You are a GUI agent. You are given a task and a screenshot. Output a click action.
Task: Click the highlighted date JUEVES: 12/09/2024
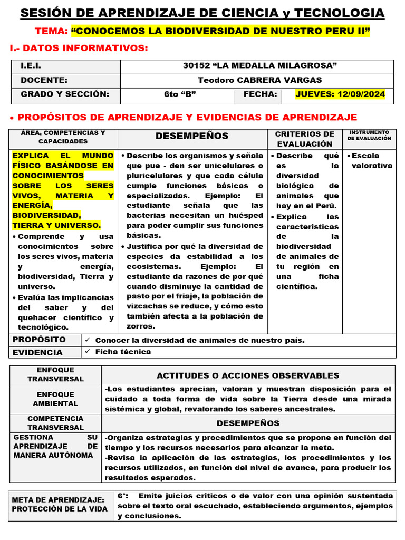tap(340, 94)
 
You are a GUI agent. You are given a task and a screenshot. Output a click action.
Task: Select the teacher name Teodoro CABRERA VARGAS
tap(259, 80)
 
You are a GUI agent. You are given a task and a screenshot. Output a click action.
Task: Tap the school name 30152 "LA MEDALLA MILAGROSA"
tap(259, 66)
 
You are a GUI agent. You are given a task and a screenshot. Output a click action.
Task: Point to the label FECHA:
tap(260, 94)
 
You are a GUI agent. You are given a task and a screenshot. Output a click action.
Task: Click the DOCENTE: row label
tap(44, 80)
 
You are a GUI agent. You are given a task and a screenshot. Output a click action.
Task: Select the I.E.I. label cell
tap(31, 66)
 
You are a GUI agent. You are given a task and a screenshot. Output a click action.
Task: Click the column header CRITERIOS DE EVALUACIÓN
tap(305, 139)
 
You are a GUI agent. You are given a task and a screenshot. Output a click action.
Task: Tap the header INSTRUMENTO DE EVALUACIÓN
tap(369, 135)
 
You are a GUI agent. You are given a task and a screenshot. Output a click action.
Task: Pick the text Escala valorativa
tap(372, 160)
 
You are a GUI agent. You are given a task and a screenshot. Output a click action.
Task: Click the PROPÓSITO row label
tap(39, 340)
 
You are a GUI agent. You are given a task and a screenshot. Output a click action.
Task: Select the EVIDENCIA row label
tap(37, 352)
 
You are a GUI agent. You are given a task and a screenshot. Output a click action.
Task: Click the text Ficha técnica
tap(123, 352)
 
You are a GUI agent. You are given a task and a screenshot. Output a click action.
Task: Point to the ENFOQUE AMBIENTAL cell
tap(55, 399)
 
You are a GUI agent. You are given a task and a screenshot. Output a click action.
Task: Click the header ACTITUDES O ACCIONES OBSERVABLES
tap(248, 375)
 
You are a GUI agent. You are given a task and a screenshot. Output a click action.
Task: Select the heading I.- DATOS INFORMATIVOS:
tap(79, 49)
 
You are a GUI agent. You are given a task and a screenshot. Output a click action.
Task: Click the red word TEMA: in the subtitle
tap(51, 32)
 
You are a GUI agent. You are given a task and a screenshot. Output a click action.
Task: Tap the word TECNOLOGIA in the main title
tap(339, 13)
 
